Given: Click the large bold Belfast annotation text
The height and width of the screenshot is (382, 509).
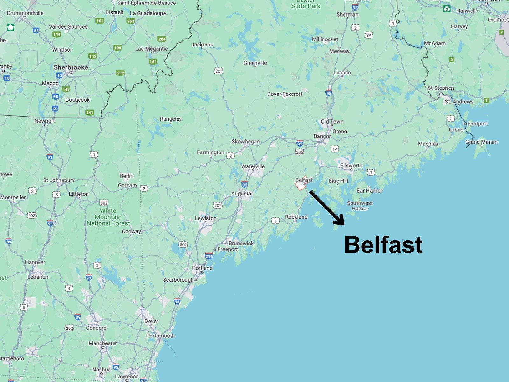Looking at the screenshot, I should pos(383,245).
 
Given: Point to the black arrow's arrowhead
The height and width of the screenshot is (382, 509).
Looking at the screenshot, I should pos(340,221).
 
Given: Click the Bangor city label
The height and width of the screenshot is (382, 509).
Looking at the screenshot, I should pos(322,136).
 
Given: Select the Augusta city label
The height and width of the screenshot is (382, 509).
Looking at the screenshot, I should pos(241,194).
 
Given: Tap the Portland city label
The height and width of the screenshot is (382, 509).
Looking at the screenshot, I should pos(202,268).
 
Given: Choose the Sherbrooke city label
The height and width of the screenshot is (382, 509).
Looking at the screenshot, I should pos(71,67).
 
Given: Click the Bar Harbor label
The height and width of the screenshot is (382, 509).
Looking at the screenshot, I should pos(369,191).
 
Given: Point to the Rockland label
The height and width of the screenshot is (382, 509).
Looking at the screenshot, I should pos(296,217).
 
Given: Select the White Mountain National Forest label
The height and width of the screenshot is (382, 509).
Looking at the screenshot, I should pos(108,217).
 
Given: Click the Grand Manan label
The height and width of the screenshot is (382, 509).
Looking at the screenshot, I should pos(481,142).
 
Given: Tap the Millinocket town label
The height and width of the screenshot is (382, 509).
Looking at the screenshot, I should pos(325,39).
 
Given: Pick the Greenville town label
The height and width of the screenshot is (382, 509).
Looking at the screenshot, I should pos(255,63).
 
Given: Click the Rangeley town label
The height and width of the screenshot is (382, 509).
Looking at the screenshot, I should pos(171,119).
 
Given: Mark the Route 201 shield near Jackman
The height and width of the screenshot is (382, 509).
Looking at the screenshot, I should pos(218,71).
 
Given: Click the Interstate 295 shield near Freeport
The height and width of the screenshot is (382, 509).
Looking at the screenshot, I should pos(209,256).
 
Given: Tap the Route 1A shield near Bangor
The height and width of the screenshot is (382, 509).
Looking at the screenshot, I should pos(334,149).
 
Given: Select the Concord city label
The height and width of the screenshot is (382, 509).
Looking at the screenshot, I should pos(96,328).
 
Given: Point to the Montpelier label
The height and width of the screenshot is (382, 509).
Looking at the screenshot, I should pos(13,197).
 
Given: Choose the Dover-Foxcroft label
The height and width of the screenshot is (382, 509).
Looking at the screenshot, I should pos(285,94).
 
